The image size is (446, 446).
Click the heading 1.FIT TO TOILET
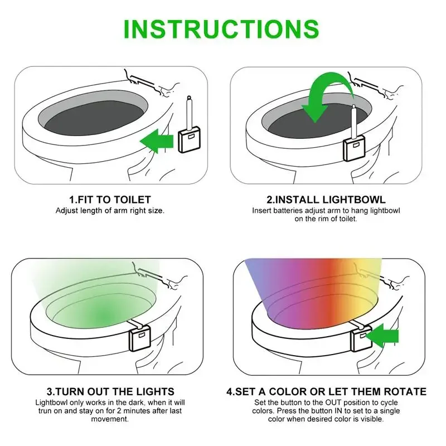click(x=110, y=200)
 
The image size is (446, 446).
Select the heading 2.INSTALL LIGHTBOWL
click(x=326, y=200)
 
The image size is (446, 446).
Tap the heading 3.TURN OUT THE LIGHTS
click(x=110, y=391)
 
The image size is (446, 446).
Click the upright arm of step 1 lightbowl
click(x=189, y=112)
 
